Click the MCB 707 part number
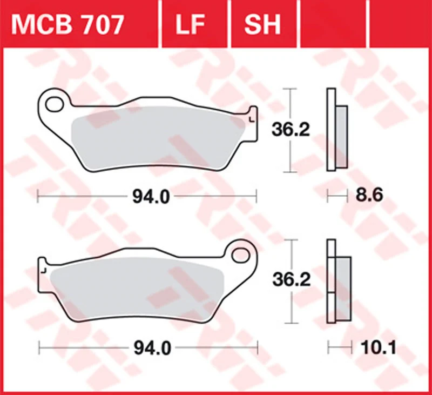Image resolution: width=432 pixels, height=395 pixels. tap(67, 25)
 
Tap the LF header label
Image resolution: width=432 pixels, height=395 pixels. tap(191, 25)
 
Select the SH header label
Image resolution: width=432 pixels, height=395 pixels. tap(262, 25)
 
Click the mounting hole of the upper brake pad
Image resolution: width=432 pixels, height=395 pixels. tap(55, 104)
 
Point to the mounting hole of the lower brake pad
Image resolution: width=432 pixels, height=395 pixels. tap(240, 255)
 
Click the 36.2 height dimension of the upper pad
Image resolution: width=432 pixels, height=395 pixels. tap(291, 130)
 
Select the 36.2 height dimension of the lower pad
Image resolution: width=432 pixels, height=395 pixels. tap(291, 279)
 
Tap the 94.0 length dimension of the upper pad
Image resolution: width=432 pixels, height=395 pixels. tap(151, 197)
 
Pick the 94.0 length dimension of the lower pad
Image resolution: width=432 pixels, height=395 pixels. tap(152, 348)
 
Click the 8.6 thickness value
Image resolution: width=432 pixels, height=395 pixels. tap(369, 195)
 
